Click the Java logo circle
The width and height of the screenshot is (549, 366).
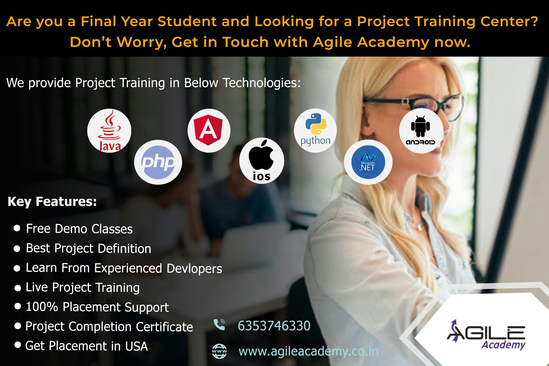point(109,131)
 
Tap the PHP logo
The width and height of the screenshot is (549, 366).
point(158,162)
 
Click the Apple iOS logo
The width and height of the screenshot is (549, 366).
point(262,161)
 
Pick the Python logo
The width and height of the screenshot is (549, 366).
point(315,130)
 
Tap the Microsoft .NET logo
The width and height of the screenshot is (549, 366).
point(368,162)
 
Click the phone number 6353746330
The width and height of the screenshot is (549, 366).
point(274,326)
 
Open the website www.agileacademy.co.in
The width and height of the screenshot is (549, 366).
point(309,351)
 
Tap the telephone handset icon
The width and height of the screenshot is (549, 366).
point(219,325)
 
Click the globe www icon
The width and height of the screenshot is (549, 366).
point(219,351)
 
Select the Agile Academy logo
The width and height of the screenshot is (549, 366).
point(486,335)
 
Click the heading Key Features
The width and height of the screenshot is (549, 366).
point(52,202)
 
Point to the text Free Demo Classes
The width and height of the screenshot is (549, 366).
point(79,229)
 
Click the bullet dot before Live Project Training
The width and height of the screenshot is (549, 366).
point(18,288)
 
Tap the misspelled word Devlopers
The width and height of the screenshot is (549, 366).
point(194,268)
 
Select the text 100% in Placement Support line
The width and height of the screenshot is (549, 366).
point(42,307)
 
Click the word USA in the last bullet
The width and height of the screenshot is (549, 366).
point(136,346)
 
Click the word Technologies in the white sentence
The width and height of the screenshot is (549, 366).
point(262,83)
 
